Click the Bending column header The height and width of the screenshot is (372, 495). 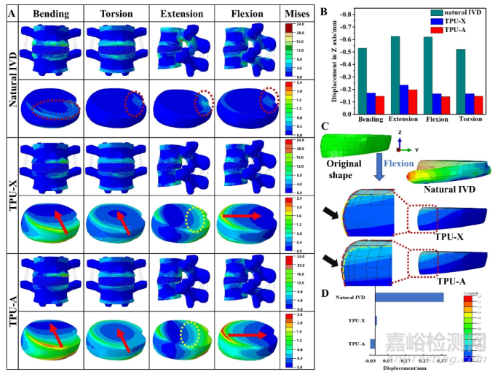coord(50,12)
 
